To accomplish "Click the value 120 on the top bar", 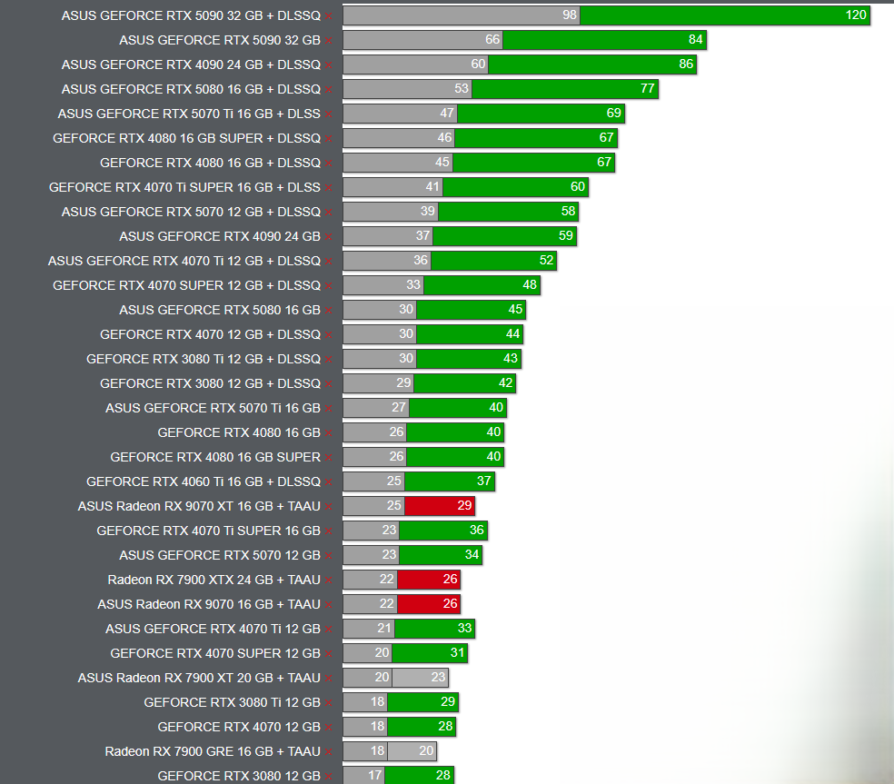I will click(855, 15).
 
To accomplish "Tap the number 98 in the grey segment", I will click(570, 15).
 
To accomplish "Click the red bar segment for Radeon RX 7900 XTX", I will click(428, 580).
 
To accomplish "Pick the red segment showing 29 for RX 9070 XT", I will click(439, 506).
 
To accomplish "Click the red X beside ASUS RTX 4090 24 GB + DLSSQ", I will click(328, 65).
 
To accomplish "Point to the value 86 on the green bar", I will click(685, 65).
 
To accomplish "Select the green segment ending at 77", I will click(564, 89).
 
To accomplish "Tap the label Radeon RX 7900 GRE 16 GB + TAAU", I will click(213, 751).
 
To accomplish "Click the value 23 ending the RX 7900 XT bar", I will click(438, 678).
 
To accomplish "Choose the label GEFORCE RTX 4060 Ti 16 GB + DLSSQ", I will click(204, 481).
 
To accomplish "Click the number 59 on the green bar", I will click(565, 236).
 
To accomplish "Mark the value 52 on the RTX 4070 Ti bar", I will click(545, 261).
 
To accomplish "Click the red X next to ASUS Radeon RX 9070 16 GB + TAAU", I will click(328, 605).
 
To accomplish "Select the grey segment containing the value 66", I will click(422, 40).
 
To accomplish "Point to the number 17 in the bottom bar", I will click(374, 776).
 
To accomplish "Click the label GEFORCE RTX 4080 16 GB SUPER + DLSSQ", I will click(186, 138).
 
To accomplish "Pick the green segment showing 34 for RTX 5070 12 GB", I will click(440, 555).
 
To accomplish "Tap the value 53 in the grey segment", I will click(462, 89).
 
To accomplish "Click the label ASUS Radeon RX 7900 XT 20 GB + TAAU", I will click(199, 678).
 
